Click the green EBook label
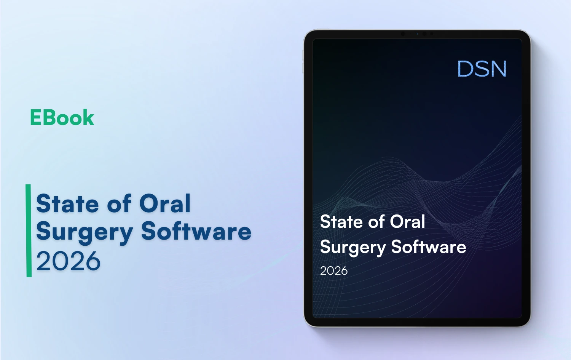point(62,117)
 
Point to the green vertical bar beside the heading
point(29,230)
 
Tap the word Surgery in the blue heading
point(85,232)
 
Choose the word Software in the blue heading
point(196,231)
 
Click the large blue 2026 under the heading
point(69,261)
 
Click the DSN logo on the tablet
point(482,69)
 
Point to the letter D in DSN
point(465,69)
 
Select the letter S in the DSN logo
point(482,69)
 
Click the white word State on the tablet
point(341,222)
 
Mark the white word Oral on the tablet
point(408,222)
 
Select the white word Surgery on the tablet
point(353,248)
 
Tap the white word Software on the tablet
point(429,247)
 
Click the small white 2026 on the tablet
point(334,271)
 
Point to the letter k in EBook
point(89,117)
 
